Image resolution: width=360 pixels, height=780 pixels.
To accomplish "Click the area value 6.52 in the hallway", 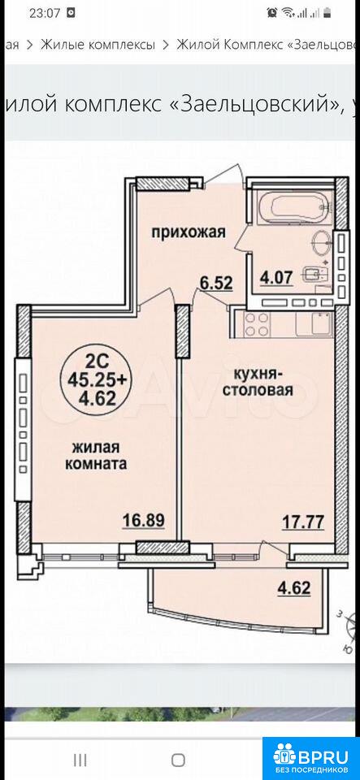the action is point(216,283).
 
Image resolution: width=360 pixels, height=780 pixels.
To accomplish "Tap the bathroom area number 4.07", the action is point(276,275).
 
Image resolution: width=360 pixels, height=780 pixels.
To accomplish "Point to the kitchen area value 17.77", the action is point(303,522).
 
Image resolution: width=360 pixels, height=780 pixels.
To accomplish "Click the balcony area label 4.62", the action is point(294,588).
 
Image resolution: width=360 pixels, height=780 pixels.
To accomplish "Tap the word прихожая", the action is point(189,232).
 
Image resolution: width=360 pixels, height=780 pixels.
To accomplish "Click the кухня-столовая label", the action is point(258,381).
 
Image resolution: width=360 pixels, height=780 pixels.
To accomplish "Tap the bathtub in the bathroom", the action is point(293,204).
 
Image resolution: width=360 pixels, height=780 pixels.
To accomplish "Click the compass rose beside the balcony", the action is point(348,632).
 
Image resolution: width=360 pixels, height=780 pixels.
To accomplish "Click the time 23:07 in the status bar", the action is point(44,13).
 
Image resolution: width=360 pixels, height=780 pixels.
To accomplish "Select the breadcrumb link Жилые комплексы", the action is point(98,45).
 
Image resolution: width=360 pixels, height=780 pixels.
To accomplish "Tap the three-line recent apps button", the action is point(80,760).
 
